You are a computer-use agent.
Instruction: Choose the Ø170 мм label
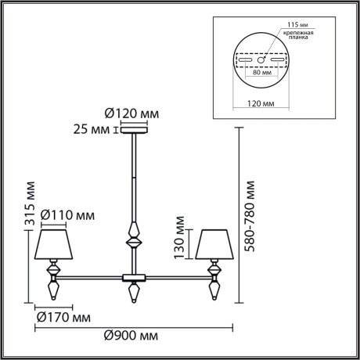(63, 319)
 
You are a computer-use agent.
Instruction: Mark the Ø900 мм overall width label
(131, 337)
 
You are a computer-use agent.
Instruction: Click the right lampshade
(213, 244)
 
